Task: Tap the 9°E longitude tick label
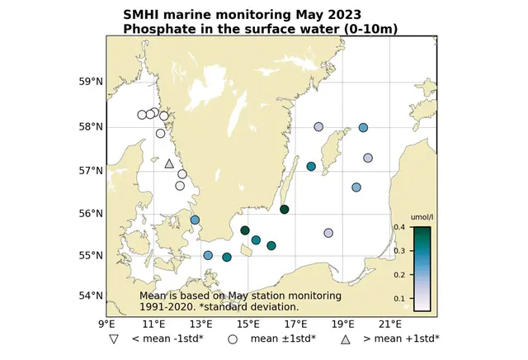pyautogui.click(x=107, y=324)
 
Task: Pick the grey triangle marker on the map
pyautogui.click(x=169, y=163)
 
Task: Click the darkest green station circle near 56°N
pyautogui.click(x=285, y=209)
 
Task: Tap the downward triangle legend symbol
pyautogui.click(x=115, y=339)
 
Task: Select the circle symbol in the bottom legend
pyautogui.click(x=233, y=339)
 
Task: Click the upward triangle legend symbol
pyautogui.click(x=346, y=339)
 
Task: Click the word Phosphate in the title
pyautogui.click(x=154, y=29)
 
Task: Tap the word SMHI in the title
pyautogui.click(x=140, y=15)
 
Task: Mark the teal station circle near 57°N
pyautogui.click(x=311, y=167)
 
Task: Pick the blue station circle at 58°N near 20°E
pyautogui.click(x=363, y=127)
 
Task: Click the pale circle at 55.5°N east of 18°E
pyautogui.click(x=328, y=233)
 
